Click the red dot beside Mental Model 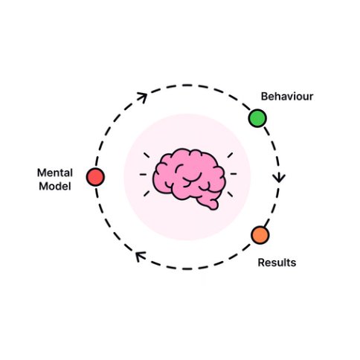tap(95, 177)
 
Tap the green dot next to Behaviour tap(257, 118)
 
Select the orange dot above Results tap(260, 236)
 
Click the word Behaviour tap(286, 97)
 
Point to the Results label tap(277, 263)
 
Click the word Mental tap(54, 173)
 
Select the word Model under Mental tap(55, 186)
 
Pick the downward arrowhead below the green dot tap(279, 178)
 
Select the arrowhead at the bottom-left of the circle tap(138, 257)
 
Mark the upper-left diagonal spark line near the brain tap(147, 155)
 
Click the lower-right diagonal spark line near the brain tap(229, 194)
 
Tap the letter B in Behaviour tap(263, 97)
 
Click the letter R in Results tap(261, 263)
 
